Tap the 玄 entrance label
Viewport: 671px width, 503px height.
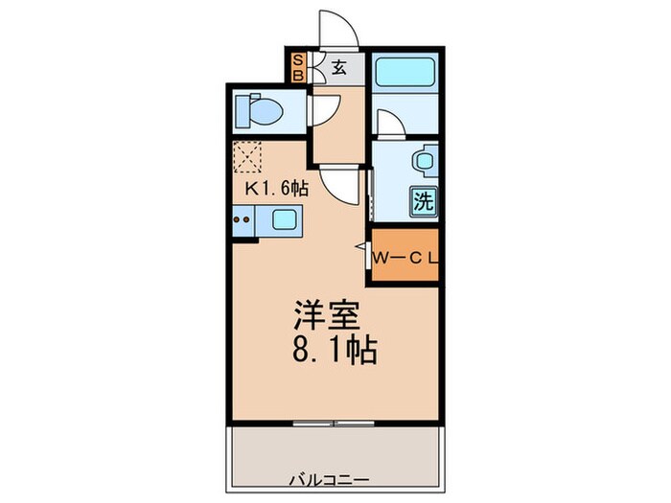pos(339,67)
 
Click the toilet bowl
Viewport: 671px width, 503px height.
pos(261,111)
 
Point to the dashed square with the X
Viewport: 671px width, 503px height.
pos(248,156)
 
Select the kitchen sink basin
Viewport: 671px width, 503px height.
pos(286,220)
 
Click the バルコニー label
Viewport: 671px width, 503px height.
pos(332,476)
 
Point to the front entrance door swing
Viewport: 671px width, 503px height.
pos(340,27)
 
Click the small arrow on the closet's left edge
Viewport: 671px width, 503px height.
pos(360,248)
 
